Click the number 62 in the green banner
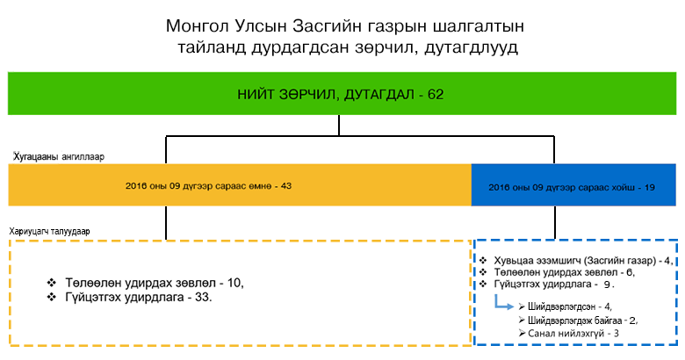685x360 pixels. click(x=436, y=94)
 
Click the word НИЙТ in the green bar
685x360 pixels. click(x=256, y=94)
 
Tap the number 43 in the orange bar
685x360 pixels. click(x=285, y=186)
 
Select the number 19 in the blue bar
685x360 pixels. click(x=649, y=187)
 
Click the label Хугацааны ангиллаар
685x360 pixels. click(x=59, y=156)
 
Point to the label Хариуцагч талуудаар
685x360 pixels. click(x=49, y=231)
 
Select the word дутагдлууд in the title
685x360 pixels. click(x=471, y=47)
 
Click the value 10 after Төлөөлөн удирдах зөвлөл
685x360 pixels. click(x=234, y=283)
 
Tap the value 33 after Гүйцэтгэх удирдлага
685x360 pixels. click(x=202, y=298)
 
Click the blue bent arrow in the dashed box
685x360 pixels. click(x=502, y=303)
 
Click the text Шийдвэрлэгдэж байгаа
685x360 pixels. click(x=574, y=320)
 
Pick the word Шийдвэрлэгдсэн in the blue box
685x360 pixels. click(x=561, y=306)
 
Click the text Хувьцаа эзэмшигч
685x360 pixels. click(x=537, y=261)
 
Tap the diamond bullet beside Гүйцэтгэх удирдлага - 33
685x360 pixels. click(x=52, y=297)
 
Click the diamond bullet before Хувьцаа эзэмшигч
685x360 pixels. click(x=483, y=261)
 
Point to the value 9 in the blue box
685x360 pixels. click(x=607, y=284)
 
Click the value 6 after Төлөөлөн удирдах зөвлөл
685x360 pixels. click(x=630, y=272)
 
